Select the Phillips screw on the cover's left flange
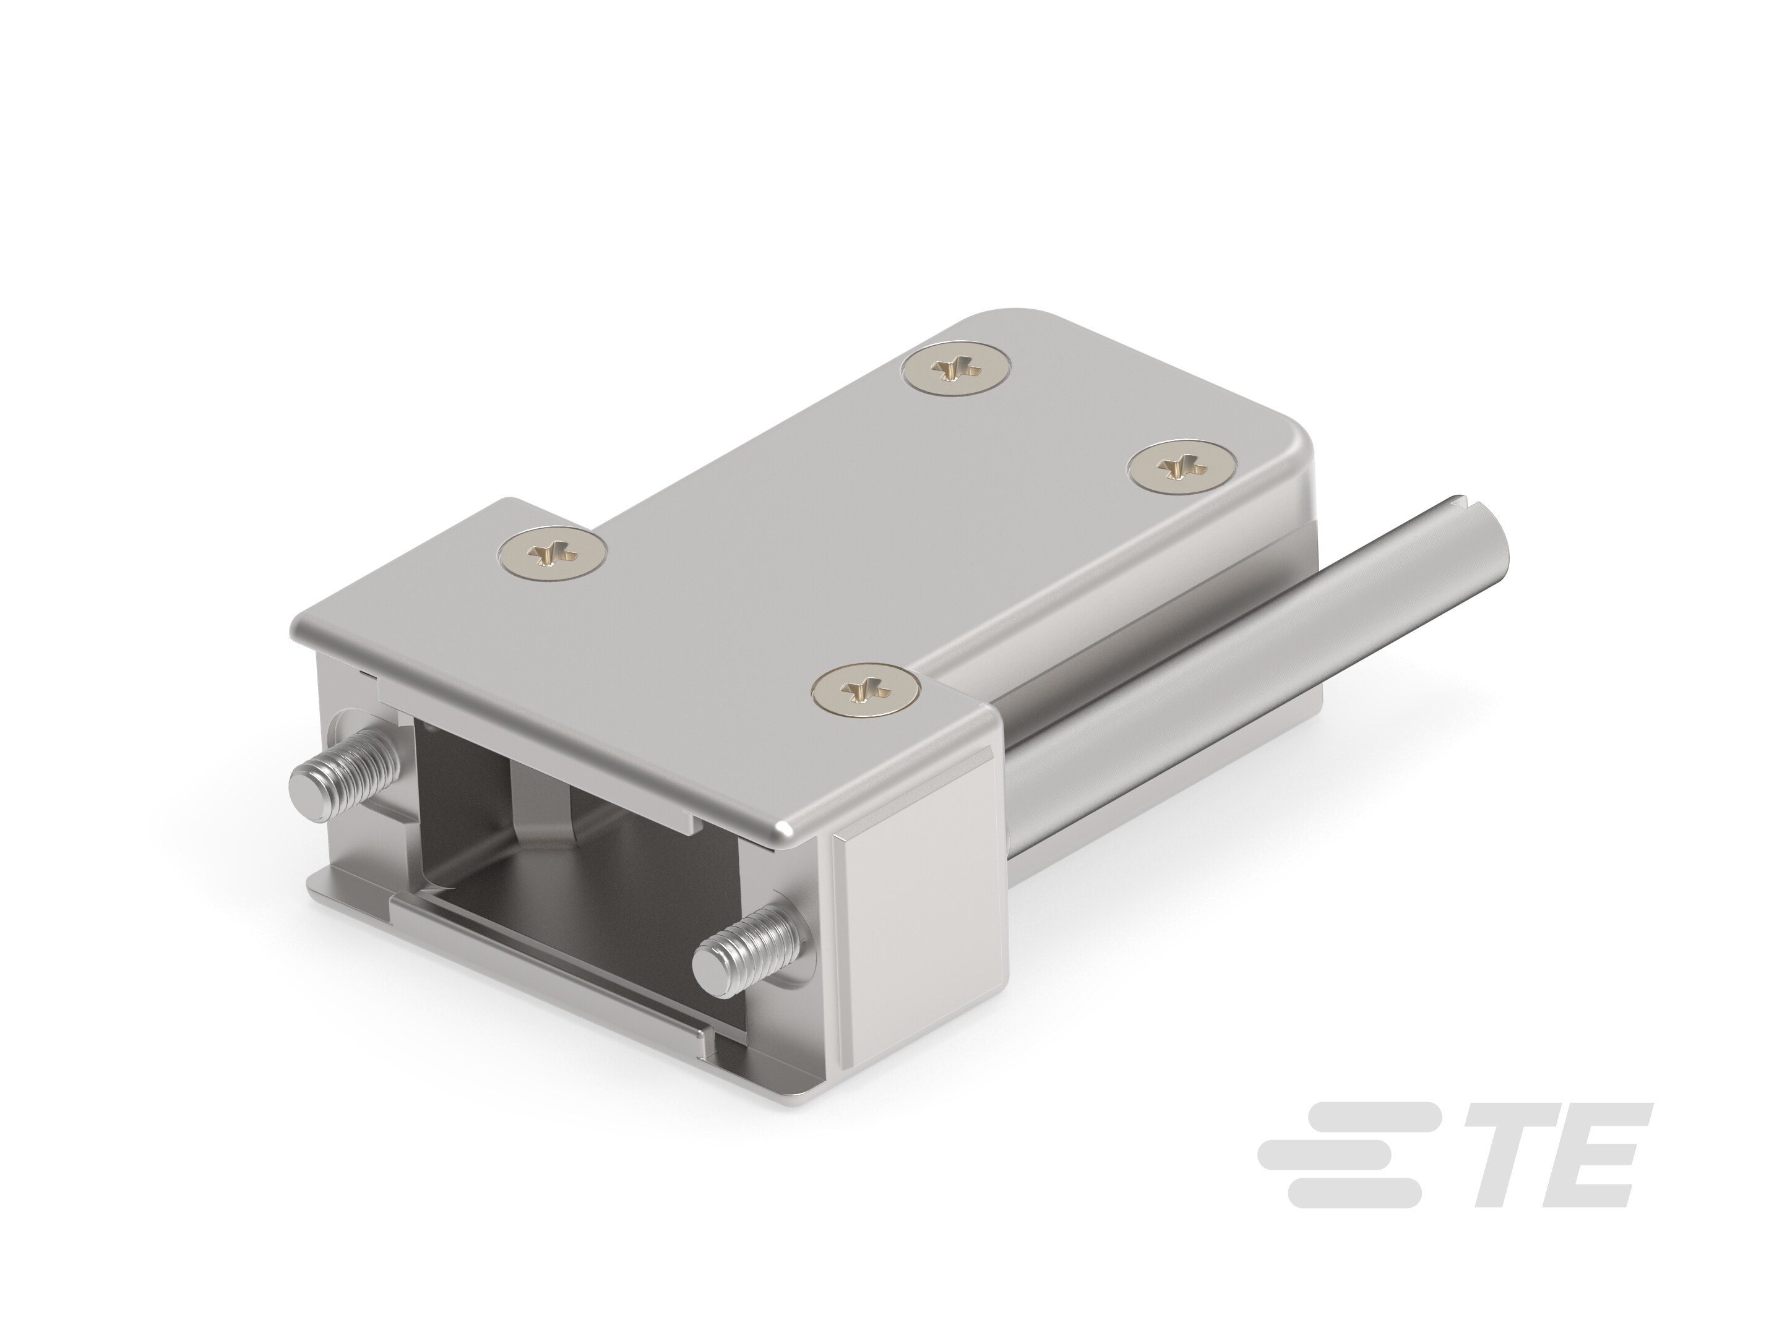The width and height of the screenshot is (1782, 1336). pyautogui.click(x=552, y=555)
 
